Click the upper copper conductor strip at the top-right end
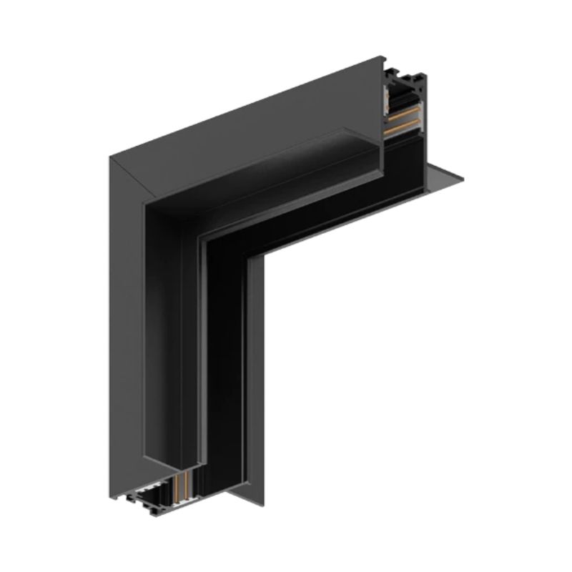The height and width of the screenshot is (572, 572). tap(403, 114)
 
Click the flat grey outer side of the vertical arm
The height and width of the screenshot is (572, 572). tap(125, 322)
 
